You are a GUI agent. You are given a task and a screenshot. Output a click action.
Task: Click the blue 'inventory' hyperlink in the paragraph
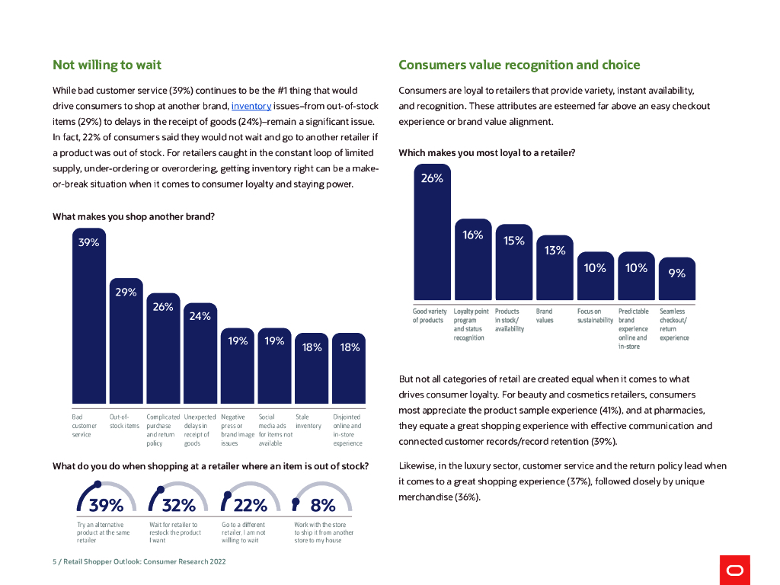(x=251, y=106)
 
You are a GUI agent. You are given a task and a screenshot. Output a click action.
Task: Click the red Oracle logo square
(x=734, y=570)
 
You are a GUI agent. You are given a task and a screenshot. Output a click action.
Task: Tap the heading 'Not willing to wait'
(x=107, y=65)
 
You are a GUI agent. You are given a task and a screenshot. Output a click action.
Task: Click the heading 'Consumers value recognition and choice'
(x=519, y=65)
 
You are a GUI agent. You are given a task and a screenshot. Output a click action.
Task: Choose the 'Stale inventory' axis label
(x=308, y=421)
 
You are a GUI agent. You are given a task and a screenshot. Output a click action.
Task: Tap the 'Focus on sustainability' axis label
(x=595, y=316)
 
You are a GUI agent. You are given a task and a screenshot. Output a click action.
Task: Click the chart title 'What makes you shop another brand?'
(x=133, y=216)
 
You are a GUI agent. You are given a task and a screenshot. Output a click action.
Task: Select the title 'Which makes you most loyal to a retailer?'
(x=487, y=152)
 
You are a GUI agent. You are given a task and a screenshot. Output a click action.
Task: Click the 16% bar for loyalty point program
(x=473, y=259)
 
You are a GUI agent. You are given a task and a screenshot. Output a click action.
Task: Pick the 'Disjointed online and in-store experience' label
(x=347, y=430)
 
